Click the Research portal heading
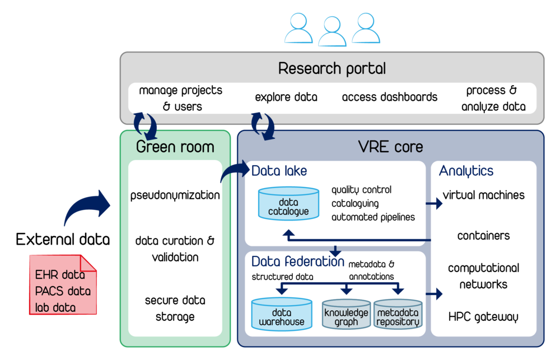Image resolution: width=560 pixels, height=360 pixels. tap(332, 69)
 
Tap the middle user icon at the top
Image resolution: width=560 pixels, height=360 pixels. tap(332, 31)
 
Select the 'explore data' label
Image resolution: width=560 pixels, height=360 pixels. tap(286, 97)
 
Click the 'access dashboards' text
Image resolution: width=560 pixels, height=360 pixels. tap(390, 97)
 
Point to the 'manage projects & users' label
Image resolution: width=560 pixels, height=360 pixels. tap(180, 98)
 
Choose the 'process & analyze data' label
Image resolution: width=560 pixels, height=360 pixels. tap(493, 98)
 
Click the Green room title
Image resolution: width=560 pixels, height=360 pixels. tap(175, 147)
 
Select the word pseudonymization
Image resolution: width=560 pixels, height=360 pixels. tap(175, 195)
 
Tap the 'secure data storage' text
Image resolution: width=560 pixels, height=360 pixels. tap(175, 308)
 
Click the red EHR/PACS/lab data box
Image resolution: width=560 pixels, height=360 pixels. tap(62, 284)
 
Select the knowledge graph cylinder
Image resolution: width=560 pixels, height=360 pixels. tap(347, 315)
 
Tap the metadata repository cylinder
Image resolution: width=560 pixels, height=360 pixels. tap(398, 315)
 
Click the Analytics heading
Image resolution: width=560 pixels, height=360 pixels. tap(466, 171)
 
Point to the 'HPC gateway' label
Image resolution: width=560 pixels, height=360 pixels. tap(483, 317)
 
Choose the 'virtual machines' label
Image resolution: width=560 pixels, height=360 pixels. tap(483, 195)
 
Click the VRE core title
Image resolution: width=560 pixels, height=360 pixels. tap(390, 147)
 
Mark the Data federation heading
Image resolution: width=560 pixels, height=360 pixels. tap(298, 261)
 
